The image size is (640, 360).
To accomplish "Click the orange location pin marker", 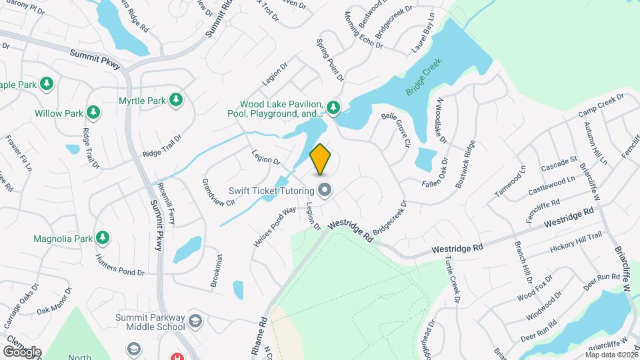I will (x=321, y=158).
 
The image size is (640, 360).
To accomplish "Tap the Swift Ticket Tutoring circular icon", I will (x=325, y=191).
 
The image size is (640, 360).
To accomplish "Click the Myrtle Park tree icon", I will (x=176, y=101).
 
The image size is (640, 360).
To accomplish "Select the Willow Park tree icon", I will (x=93, y=113).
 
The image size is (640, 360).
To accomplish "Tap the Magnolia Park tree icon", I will (x=102, y=237).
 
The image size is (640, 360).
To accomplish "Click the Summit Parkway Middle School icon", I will (x=195, y=321).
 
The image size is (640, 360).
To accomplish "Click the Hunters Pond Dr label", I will (x=119, y=265).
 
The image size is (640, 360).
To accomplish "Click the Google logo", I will (x=22, y=351).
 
